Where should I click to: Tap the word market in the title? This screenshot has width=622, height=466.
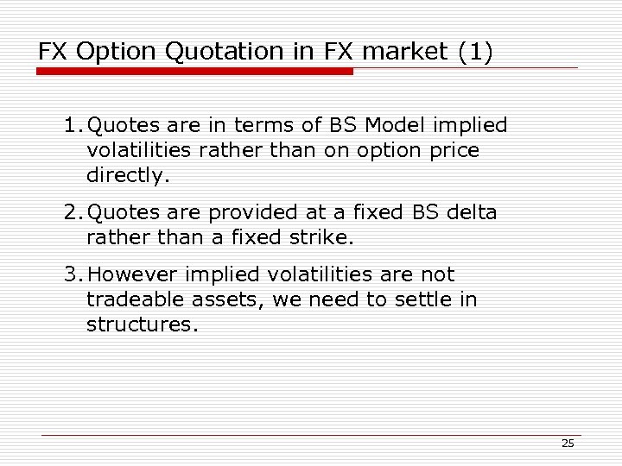pos(403,52)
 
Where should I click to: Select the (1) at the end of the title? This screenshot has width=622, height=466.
pos(476,52)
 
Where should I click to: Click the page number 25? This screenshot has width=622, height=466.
pos(568,443)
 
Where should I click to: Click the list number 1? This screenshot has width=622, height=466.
pos(70,126)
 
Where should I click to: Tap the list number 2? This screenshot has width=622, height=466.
pos(70,212)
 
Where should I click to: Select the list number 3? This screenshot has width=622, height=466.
pos(70,275)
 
